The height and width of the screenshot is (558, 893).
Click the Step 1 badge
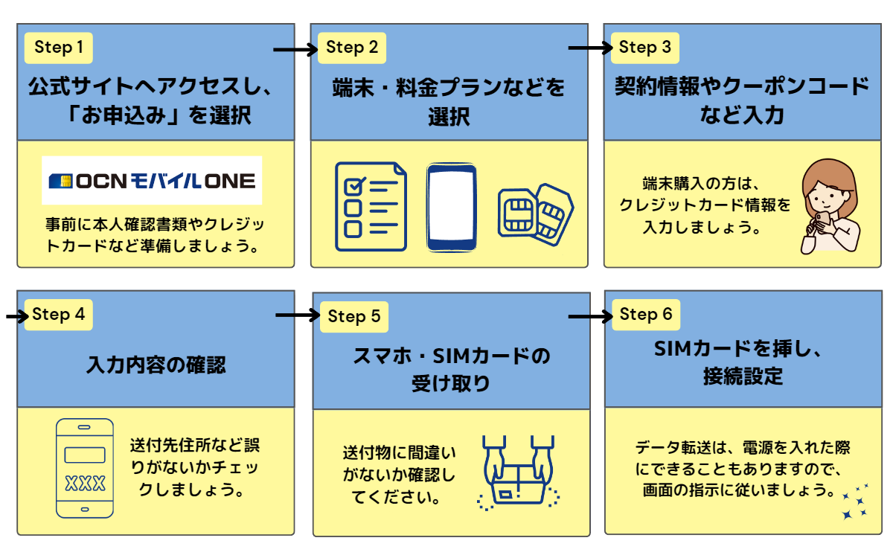(x=59, y=48)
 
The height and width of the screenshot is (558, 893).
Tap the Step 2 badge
(x=352, y=48)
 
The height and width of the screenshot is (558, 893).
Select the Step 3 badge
(x=645, y=48)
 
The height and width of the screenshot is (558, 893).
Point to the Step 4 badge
(x=59, y=315)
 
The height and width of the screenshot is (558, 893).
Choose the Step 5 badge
(x=353, y=317)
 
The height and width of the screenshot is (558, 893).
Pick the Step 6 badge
(x=645, y=315)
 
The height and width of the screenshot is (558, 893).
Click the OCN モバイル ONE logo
(x=152, y=181)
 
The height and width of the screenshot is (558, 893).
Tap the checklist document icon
(x=371, y=206)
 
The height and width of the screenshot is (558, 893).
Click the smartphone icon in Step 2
(x=451, y=207)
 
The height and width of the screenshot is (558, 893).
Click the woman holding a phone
(x=829, y=205)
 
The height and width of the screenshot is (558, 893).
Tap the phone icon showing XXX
(x=85, y=467)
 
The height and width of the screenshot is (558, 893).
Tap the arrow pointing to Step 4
(x=16, y=316)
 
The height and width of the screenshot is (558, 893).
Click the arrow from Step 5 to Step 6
(x=589, y=317)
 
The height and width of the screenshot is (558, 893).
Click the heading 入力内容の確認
(x=156, y=365)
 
